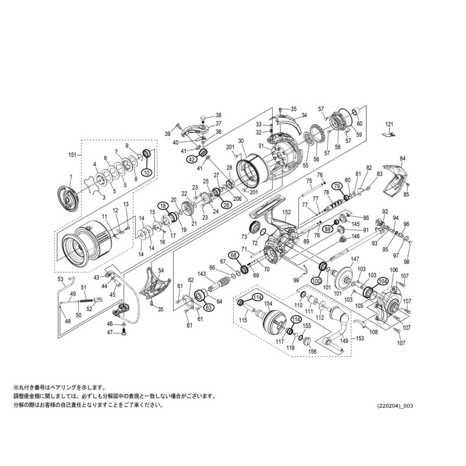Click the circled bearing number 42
click(x=192, y=159)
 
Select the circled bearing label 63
click(x=209, y=308)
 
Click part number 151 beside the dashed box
click(x=72, y=154)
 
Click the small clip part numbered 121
click(x=389, y=134)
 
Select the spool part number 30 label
click(x=241, y=140)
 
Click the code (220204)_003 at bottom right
click(x=395, y=405)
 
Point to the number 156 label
click(x=312, y=352)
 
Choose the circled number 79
click(x=337, y=186)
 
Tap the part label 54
click(x=161, y=270)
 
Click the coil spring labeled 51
click(x=85, y=301)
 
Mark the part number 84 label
click(x=403, y=158)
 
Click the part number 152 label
click(x=287, y=212)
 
